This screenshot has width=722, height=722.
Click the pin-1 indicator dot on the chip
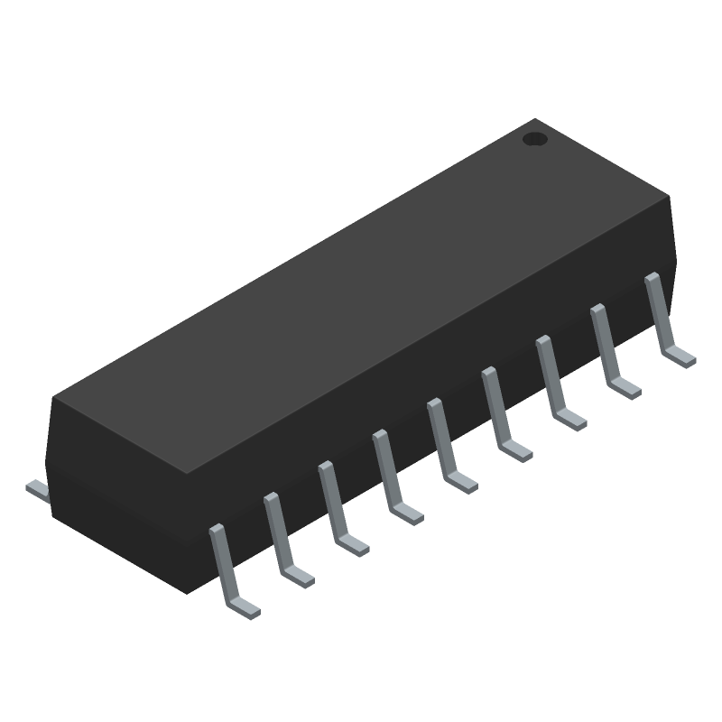pyautogui.click(x=535, y=139)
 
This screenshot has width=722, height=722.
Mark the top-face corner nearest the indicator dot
pyautogui.click(x=536, y=119)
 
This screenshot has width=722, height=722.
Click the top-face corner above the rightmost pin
pyautogui.click(x=672, y=198)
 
